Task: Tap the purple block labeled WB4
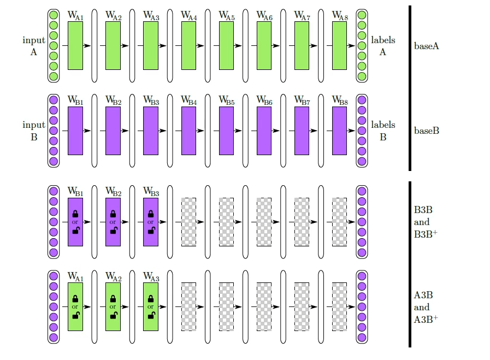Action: point(188,131)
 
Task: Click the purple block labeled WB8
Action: point(339,131)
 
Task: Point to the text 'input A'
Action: point(34,46)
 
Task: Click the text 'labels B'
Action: point(383,131)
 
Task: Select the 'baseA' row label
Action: point(427,46)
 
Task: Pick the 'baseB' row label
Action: point(427,131)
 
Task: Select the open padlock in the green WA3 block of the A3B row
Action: point(151,315)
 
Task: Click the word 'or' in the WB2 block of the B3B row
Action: point(113,222)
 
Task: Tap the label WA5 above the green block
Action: point(226,16)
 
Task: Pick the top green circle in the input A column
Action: point(54,15)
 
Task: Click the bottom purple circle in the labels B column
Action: point(362,162)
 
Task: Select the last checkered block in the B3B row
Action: point(339,222)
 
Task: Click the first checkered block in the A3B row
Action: point(188,306)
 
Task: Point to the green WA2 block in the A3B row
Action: point(113,306)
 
